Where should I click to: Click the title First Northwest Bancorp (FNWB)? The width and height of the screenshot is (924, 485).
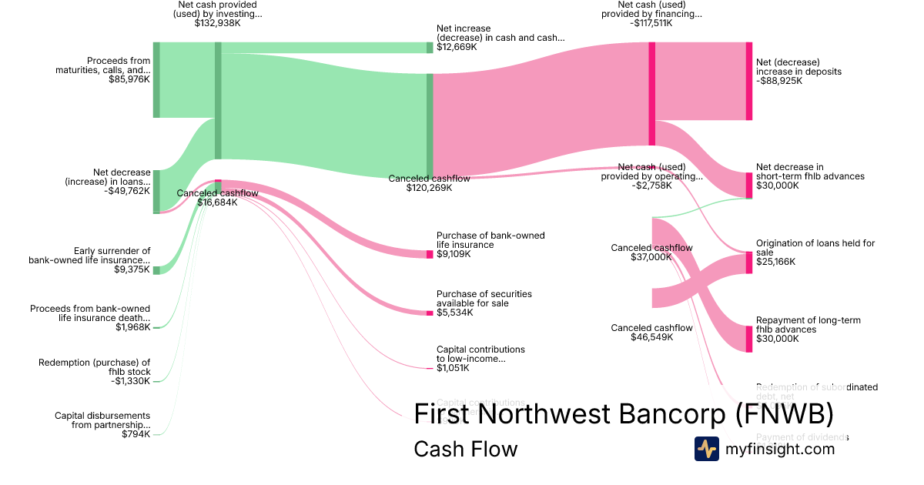click(x=623, y=414)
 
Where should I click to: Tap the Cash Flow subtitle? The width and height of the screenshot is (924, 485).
click(x=465, y=449)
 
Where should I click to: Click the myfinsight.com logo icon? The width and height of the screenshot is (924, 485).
click(x=706, y=449)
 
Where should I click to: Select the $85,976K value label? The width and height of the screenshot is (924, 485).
click(x=129, y=79)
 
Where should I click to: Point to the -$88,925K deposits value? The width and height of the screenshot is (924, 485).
click(x=779, y=81)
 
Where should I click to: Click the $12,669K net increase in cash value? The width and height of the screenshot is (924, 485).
click(x=457, y=47)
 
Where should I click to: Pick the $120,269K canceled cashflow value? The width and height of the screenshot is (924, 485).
click(x=429, y=188)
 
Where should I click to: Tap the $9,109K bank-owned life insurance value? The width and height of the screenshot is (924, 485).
click(x=454, y=254)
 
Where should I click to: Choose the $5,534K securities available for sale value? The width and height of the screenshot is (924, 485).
click(x=454, y=313)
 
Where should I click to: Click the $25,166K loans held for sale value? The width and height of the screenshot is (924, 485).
click(x=776, y=262)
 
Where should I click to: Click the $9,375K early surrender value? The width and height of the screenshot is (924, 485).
click(x=132, y=269)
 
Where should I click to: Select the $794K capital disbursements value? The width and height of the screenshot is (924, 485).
click(x=136, y=434)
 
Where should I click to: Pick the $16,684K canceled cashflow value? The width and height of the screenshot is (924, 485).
click(x=217, y=203)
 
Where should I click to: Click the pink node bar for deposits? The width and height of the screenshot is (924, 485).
click(x=748, y=81)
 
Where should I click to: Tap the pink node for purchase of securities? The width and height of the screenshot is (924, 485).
click(x=430, y=313)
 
